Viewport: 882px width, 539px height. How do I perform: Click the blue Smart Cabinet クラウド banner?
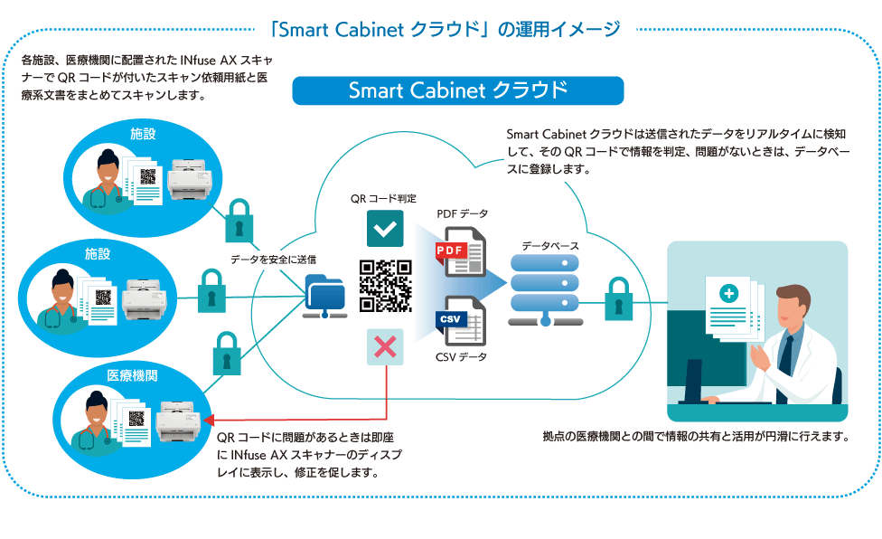(x=458, y=90)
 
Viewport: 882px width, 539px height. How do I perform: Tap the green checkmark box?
(x=385, y=229)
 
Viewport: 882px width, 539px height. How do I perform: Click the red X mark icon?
(x=385, y=347)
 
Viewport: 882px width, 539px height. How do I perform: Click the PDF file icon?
(x=461, y=252)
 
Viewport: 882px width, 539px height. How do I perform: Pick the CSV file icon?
(x=461, y=321)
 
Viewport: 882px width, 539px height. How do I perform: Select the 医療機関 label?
(x=132, y=375)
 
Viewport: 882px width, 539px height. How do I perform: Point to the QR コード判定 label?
(x=383, y=197)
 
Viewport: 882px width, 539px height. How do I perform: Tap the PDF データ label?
(x=462, y=213)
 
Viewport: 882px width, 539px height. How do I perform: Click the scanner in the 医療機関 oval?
(x=177, y=421)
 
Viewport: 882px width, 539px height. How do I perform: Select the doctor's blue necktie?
(x=787, y=352)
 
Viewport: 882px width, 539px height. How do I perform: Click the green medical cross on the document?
(x=728, y=294)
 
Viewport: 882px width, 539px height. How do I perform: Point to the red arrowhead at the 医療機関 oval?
(x=210, y=420)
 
